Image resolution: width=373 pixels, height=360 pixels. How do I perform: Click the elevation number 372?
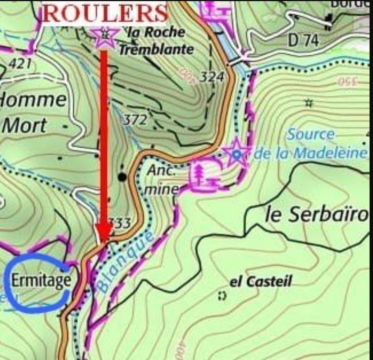coord(135,120)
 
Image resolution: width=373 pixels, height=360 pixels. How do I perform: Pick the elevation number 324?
coord(212,77)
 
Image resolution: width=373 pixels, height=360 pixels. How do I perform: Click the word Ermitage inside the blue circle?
coord(41,281)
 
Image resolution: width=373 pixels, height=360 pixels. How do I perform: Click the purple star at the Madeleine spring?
coord(237,153)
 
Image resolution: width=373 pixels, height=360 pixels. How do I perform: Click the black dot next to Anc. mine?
coord(122,177)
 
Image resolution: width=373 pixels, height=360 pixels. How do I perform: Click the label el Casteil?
coord(261,282)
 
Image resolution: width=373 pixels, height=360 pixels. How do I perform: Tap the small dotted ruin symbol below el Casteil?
coord(222,295)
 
